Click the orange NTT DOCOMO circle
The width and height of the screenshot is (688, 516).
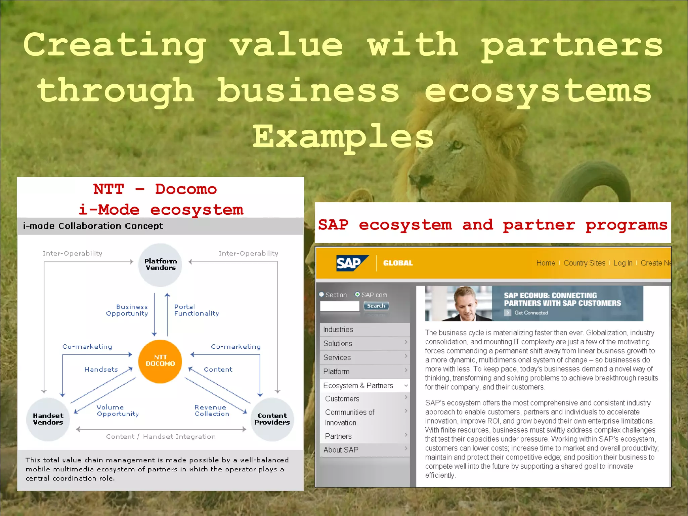click(160, 361)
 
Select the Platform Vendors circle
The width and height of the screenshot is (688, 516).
click(160, 265)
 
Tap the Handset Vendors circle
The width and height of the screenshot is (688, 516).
click(48, 419)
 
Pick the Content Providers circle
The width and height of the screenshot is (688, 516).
click(272, 419)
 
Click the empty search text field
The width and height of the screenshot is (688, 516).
click(340, 306)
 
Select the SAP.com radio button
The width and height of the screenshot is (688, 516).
click(357, 295)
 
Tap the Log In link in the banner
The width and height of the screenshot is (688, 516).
click(622, 263)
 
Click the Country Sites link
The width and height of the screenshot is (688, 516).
click(584, 263)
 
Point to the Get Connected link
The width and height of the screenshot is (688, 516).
click(531, 313)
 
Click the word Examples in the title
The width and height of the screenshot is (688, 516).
click(343, 137)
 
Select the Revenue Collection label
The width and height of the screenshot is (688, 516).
click(212, 411)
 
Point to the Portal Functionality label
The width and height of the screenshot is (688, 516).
click(196, 310)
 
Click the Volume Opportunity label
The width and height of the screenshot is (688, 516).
click(118, 411)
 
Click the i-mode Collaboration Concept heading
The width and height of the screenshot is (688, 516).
click(93, 226)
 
